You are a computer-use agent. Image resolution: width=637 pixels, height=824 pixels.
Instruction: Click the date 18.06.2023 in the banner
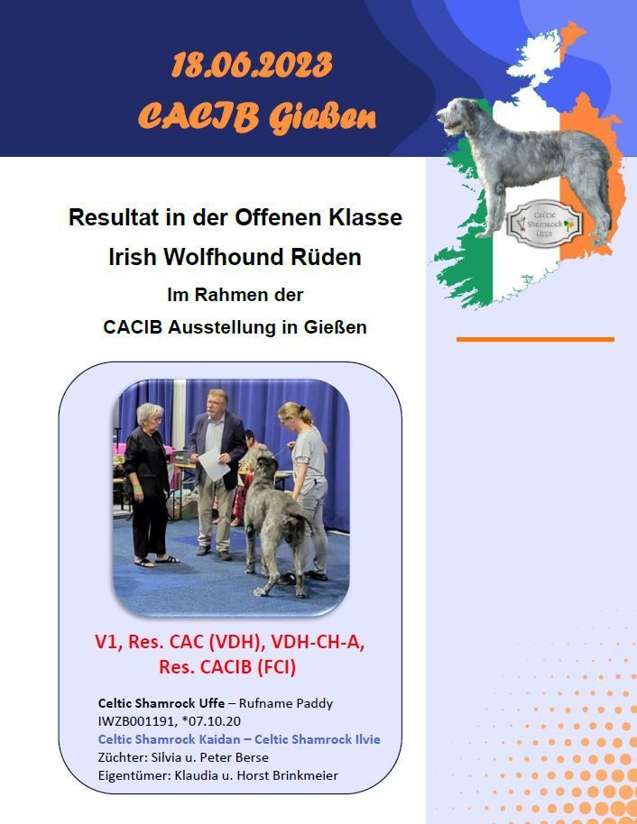pos(252,65)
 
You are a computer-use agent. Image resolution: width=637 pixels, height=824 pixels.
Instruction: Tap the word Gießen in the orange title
pos(322,116)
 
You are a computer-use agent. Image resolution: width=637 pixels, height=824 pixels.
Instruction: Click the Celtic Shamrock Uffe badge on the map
pos(545,224)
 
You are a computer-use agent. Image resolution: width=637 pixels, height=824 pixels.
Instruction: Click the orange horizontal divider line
pos(535,340)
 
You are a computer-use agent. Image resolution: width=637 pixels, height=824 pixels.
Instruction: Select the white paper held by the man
pos(214,463)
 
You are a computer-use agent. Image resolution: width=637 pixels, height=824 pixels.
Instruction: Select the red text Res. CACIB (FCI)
pos(227,667)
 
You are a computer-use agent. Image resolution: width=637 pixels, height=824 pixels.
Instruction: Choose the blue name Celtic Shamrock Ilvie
pos(318,739)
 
